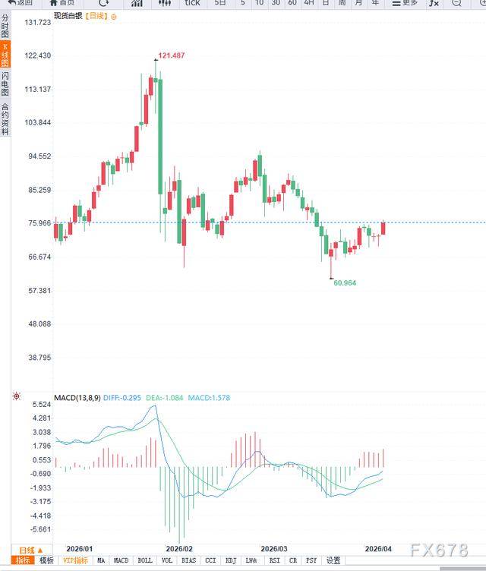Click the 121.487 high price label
tap(172, 55)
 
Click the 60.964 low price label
tap(344, 282)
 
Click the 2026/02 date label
tap(179, 548)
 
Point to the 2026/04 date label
tap(377, 548)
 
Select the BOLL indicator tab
tap(144, 560)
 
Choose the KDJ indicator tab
tap(231, 560)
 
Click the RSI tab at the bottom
tap(274, 560)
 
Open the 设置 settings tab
tap(333, 560)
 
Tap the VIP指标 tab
tap(75, 560)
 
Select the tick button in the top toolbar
tap(192, 3)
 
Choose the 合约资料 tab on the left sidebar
tap(5, 118)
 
